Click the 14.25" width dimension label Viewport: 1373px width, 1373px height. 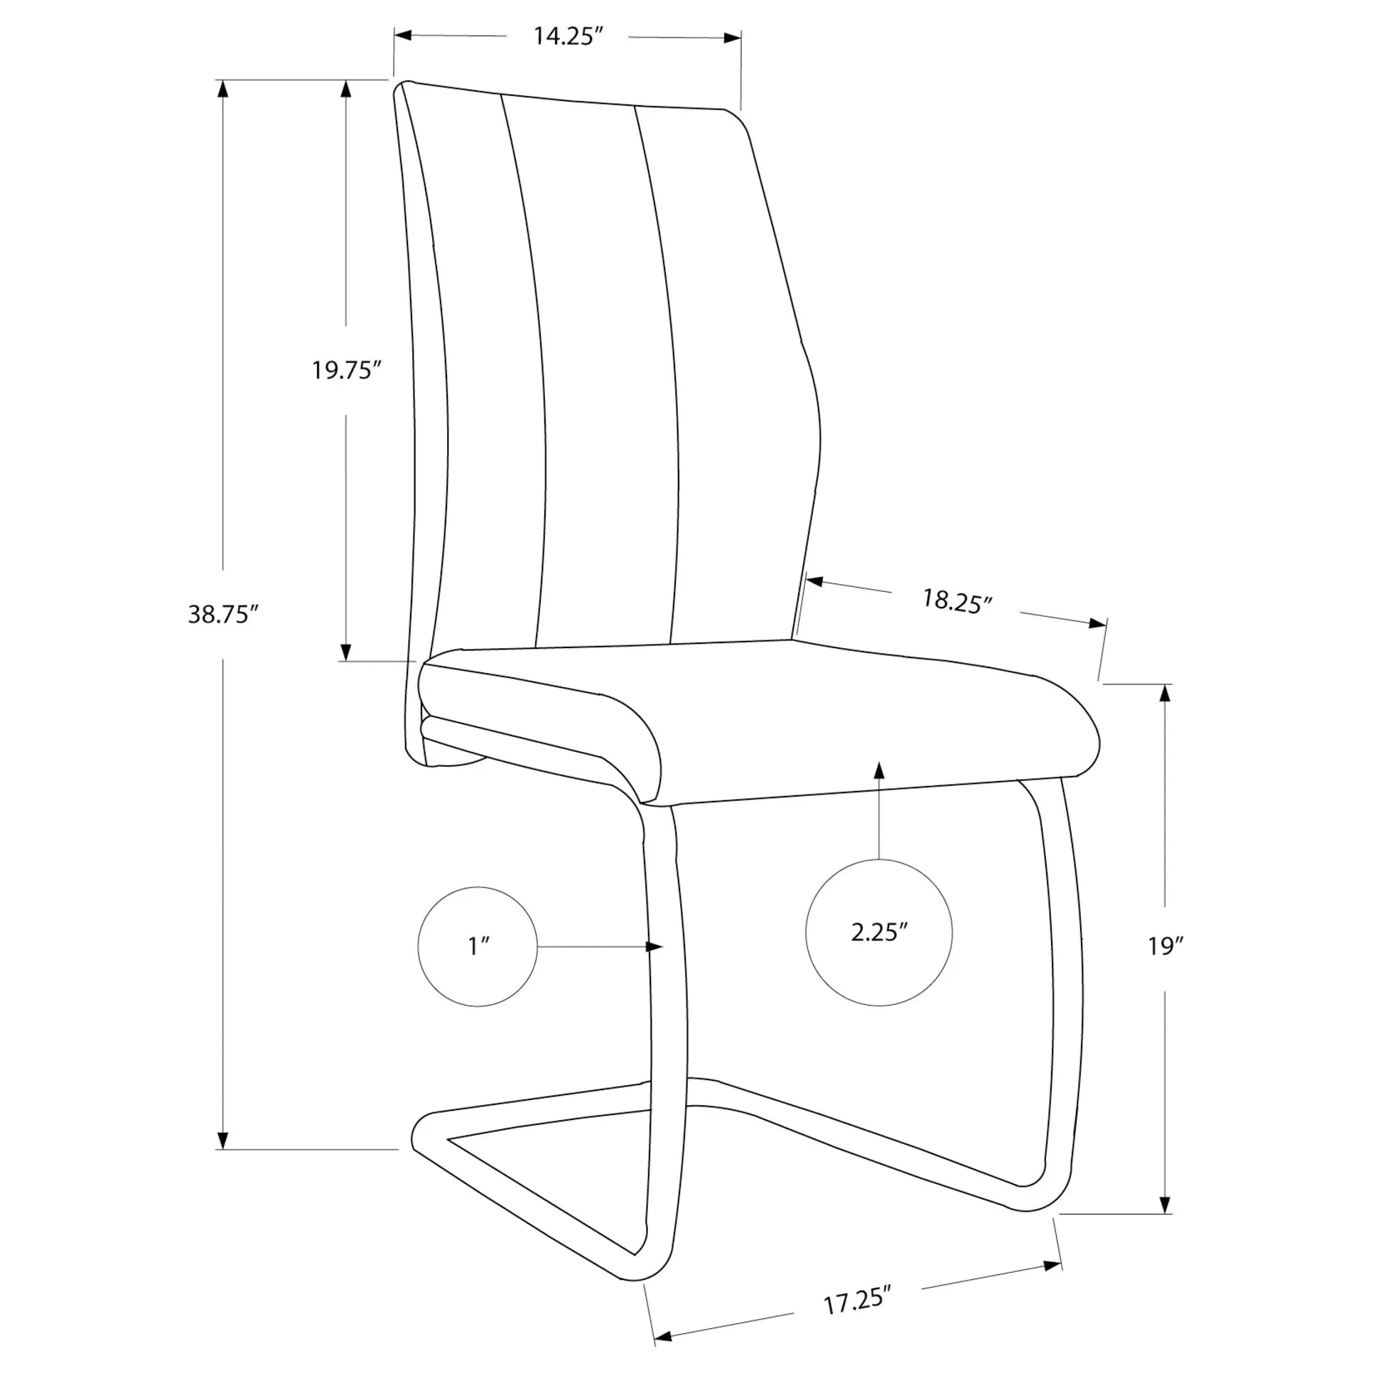click(x=568, y=36)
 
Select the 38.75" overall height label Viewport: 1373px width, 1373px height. click(x=222, y=614)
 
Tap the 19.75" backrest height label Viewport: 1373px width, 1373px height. click(x=347, y=370)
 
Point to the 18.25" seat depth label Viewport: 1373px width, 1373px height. click(x=957, y=601)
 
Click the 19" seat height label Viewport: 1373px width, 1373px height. click(x=1165, y=946)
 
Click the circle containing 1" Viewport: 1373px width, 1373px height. click(x=478, y=946)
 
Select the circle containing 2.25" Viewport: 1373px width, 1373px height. click(x=879, y=932)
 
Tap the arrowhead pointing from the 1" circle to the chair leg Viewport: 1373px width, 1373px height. click(x=654, y=947)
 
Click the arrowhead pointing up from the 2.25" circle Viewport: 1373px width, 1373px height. click(x=879, y=771)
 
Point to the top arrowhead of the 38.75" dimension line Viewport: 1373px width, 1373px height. click(x=222, y=90)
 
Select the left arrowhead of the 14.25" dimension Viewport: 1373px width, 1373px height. click(x=404, y=35)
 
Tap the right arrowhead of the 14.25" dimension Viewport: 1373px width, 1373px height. click(x=732, y=38)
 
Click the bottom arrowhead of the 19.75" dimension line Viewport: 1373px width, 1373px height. click(x=346, y=652)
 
